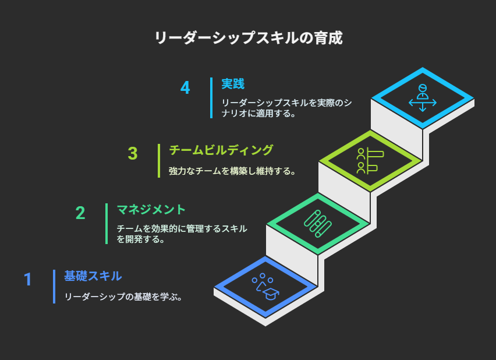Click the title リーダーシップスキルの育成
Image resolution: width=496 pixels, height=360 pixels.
pyautogui.click(x=249, y=38)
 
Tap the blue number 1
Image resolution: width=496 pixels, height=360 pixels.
pyautogui.click(x=28, y=279)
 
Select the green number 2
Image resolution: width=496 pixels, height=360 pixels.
pyautogui.click(x=80, y=213)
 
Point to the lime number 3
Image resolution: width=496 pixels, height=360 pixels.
pyautogui.click(x=133, y=153)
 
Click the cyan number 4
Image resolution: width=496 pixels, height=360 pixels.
pyautogui.click(x=185, y=87)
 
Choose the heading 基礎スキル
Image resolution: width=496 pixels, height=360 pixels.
pyautogui.click(x=93, y=276)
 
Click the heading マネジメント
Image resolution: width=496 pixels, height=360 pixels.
pyautogui.click(x=151, y=210)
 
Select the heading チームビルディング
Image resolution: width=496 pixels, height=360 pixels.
pyautogui.click(x=221, y=150)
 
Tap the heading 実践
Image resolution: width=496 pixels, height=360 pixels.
pyautogui.click(x=233, y=84)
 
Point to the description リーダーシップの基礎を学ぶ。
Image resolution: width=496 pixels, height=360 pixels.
pyautogui.click(x=123, y=297)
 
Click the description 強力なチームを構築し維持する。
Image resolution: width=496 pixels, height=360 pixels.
pyautogui.click(x=232, y=171)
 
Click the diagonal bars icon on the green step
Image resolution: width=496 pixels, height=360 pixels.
pyautogui.click(x=318, y=224)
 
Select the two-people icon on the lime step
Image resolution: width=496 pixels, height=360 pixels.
pyautogui.click(x=370, y=161)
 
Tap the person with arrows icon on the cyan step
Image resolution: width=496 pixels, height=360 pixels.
pyautogui.click(x=423, y=98)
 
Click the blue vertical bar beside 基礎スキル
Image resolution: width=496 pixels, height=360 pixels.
pyautogui.click(x=54, y=287)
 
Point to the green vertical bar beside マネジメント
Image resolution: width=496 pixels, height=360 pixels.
pyautogui.click(x=107, y=224)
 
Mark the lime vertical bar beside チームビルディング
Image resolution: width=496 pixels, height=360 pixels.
pyautogui.click(x=159, y=161)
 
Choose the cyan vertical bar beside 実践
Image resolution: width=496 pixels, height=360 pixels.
pyautogui.click(x=211, y=98)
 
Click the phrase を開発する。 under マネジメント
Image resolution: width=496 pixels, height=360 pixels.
pyautogui.click(x=141, y=239)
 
